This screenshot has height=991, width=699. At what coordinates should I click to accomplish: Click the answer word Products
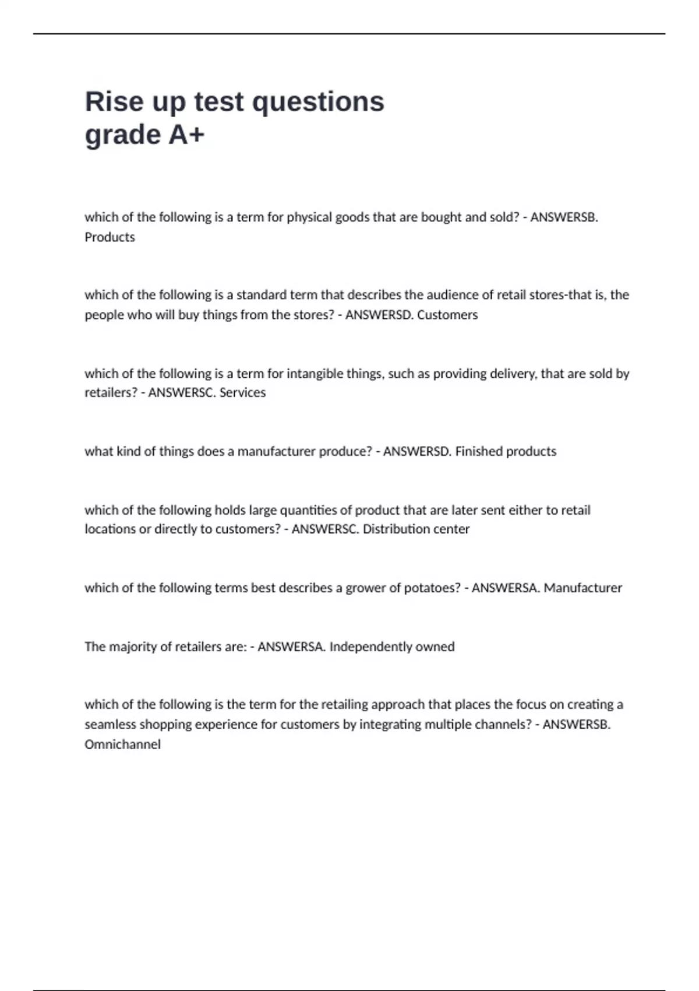click(110, 237)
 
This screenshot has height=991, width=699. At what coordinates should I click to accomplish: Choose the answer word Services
click(242, 392)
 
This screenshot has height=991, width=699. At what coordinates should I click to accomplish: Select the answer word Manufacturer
click(582, 588)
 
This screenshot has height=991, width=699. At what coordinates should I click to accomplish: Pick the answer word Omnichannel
click(122, 744)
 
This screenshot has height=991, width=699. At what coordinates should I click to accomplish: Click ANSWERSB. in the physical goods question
click(564, 217)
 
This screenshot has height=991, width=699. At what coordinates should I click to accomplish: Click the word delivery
click(512, 373)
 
